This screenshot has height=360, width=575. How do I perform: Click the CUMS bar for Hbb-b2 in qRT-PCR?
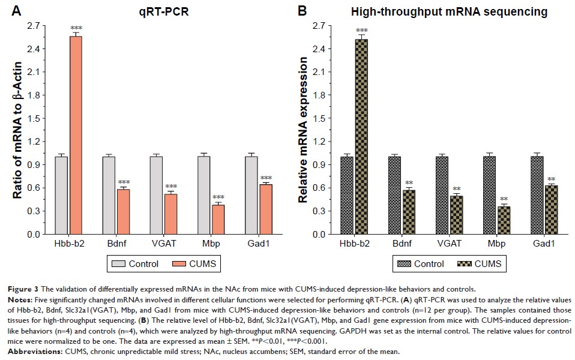76,135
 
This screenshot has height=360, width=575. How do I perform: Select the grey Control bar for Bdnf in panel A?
108,196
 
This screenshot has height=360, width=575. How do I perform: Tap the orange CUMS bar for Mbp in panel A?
218,220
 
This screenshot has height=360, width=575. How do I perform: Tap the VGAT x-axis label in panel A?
163,245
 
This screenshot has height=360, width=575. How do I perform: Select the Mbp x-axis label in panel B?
496,245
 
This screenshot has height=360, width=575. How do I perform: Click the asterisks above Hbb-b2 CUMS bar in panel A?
76,29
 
